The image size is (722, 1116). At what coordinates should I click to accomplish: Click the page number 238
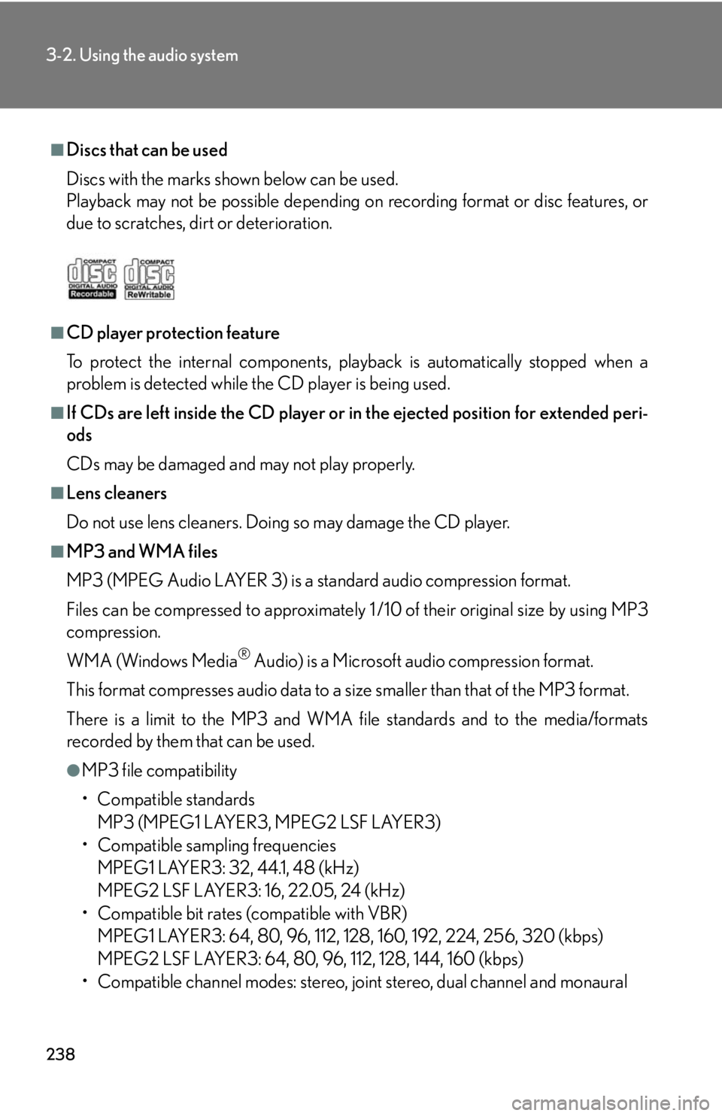61,1054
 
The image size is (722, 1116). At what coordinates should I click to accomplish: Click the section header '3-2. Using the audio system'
142,56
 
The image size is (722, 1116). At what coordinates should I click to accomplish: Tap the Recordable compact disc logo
93,279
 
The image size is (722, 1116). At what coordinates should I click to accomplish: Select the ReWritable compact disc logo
149,279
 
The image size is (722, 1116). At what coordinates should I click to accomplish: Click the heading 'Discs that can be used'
147,150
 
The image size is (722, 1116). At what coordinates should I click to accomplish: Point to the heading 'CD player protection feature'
173,333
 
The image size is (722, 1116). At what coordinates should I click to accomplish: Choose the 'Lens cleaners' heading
117,493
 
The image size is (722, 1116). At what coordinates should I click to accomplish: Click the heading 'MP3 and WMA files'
142,552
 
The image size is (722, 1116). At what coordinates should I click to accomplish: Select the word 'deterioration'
283,223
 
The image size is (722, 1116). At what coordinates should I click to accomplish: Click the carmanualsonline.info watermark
614,1102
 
